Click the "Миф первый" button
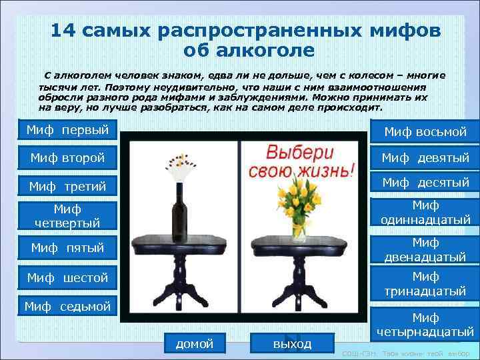66,129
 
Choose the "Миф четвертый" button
66,216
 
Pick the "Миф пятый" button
66,248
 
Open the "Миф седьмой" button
66,306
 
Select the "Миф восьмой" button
425,131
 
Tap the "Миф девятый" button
425,158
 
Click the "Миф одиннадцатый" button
425,213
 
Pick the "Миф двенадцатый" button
425,249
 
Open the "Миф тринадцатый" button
425,283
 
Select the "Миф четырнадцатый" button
425,325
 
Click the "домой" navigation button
194,343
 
